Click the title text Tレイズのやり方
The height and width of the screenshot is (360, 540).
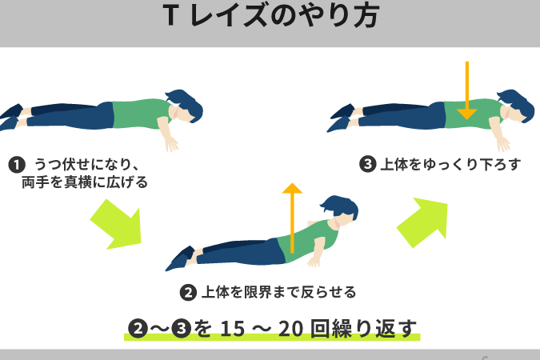click(271, 15)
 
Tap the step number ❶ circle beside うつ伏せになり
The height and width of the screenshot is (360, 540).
click(17, 165)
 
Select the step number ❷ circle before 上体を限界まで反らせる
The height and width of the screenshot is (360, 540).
click(188, 293)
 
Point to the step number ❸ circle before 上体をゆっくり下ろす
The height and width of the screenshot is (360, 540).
click(367, 164)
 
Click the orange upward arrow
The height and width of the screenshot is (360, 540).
click(292, 218)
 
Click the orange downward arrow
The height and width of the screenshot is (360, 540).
click(467, 90)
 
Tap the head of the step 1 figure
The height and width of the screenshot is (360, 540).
click(185, 106)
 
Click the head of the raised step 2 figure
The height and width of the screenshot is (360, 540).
click(340, 209)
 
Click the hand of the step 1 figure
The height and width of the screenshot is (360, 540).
click(172, 143)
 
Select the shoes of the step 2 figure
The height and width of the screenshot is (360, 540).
click(180, 258)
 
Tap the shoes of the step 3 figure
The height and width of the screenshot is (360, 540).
click(341, 118)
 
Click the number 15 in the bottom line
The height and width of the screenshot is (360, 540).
click(233, 328)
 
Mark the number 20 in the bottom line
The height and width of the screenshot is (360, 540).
click(291, 328)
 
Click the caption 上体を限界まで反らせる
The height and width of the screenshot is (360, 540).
click(278, 293)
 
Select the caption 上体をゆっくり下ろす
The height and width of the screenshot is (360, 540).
click(450, 164)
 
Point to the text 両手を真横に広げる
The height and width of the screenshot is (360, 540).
click(85, 182)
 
